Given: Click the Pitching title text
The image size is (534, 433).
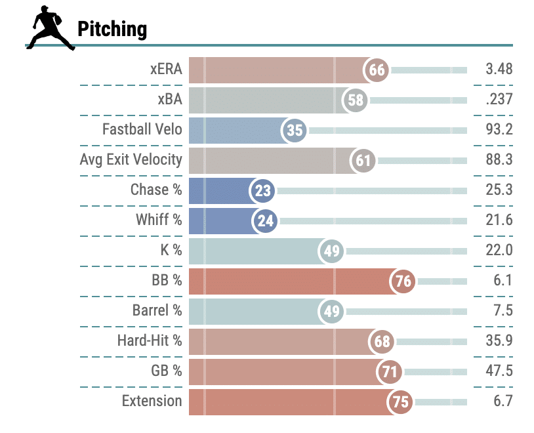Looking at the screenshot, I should point(112,29).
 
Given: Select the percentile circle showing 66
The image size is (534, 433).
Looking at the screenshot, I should point(377,70).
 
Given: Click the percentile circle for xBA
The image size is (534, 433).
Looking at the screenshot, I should point(356,100).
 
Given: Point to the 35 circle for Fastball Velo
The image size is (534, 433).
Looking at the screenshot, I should point(295,131).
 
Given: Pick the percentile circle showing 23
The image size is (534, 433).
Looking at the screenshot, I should point(263,191).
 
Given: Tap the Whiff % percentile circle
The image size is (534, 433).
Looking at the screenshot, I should point(265,220).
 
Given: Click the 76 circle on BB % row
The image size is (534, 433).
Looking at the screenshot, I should point(403,281).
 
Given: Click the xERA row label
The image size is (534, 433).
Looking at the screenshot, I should point(166,69).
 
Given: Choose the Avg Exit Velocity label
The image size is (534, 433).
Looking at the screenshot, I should point(131,159).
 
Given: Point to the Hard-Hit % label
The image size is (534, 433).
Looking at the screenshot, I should point(150,340).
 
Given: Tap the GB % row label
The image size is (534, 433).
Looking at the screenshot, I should point(166,371).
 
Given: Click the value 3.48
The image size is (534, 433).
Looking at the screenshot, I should point(499,69).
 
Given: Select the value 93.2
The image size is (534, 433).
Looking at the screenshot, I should point(499,129).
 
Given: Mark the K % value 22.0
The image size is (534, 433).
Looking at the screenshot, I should point(499,250).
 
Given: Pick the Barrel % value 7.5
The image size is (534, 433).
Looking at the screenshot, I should point(503,310).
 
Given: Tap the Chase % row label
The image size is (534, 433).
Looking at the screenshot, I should point(156,190).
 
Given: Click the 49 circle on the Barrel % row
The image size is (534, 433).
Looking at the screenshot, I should point(332,311).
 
